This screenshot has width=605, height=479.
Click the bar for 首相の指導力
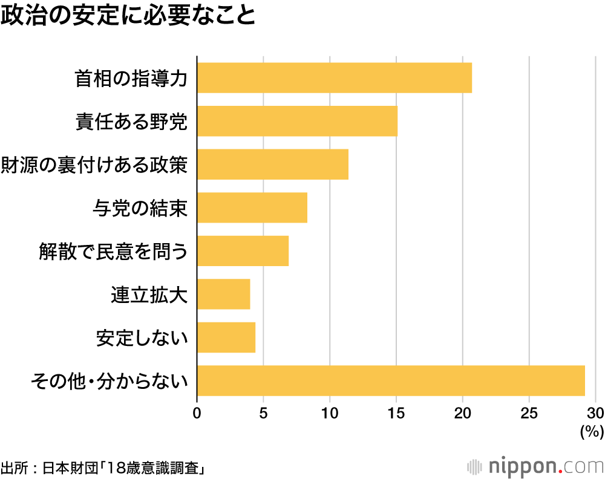(335, 77)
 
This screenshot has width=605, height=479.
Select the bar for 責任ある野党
(297, 121)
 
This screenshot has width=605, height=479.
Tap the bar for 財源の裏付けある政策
(273, 165)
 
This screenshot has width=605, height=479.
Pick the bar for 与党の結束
(252, 207)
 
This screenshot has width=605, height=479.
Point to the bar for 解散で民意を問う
(243, 251)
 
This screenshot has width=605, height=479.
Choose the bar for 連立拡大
(223, 295)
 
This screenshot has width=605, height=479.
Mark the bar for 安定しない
(226, 337)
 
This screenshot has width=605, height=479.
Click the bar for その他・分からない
(391, 381)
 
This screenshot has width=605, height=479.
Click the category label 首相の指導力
(131, 79)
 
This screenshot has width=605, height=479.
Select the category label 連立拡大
(149, 295)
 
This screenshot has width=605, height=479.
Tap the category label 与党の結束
(140, 209)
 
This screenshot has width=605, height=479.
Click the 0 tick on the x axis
(197, 414)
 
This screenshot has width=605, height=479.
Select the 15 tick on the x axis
(396, 414)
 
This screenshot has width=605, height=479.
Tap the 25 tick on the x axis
(529, 414)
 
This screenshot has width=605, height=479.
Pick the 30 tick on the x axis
(595, 414)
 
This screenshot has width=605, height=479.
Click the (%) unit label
(592, 432)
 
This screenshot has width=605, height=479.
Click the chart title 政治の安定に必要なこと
(128, 16)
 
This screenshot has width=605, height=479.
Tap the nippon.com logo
(535, 467)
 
